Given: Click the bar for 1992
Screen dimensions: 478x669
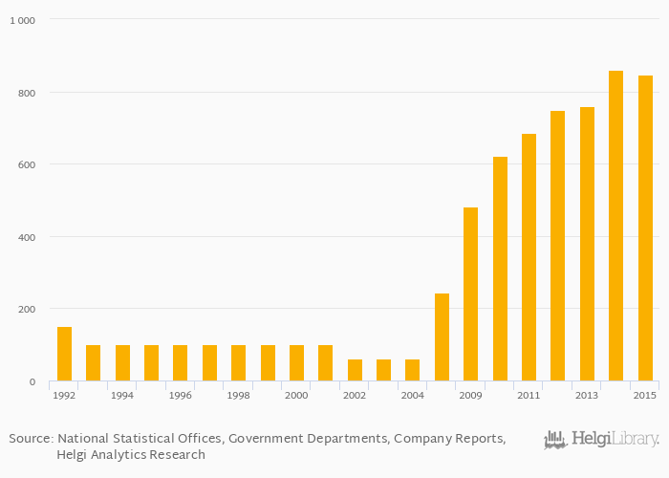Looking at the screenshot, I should pyautogui.click(x=64, y=354).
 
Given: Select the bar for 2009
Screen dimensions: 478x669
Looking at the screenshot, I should pyautogui.click(x=470, y=294).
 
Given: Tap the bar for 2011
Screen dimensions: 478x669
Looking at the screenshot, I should pyautogui.click(x=529, y=257).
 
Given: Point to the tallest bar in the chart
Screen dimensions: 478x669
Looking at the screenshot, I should pyautogui.click(x=615, y=226).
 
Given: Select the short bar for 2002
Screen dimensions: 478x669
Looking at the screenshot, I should pyautogui.click(x=355, y=370).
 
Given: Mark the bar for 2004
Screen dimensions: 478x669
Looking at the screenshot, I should pyautogui.click(x=413, y=370).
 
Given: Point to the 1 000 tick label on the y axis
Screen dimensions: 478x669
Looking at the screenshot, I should pyautogui.click(x=24, y=20).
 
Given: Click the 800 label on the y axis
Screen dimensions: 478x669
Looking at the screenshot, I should pyautogui.click(x=28, y=93).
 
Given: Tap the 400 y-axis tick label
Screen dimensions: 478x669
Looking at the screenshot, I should pyautogui.click(x=28, y=237).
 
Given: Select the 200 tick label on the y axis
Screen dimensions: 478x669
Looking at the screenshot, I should pyautogui.click(x=28, y=310).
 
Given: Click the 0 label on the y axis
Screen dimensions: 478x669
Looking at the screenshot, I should pyautogui.click(x=32, y=382).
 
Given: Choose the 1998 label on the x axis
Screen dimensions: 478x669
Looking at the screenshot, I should pyautogui.click(x=238, y=395).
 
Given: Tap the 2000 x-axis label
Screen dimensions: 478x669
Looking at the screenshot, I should pyautogui.click(x=296, y=395).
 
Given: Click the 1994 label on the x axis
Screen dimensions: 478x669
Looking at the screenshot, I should pyautogui.click(x=122, y=395).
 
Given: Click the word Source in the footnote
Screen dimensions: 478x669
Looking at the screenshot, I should pyautogui.click(x=30, y=439).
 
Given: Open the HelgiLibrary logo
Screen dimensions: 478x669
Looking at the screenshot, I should pyautogui.click(x=602, y=440).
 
